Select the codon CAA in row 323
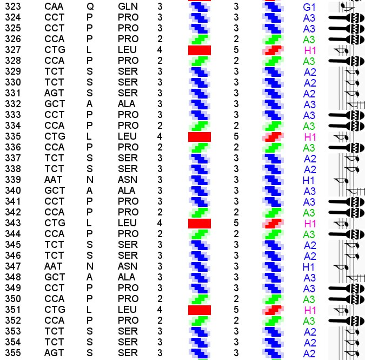[x=54, y=6]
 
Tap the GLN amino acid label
[x=128, y=6]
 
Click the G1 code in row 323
[x=309, y=7]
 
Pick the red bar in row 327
[x=199, y=50]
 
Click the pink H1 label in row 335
[x=310, y=136]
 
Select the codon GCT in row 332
[x=55, y=104]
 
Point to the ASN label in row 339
[x=127, y=180]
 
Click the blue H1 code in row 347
[x=309, y=266]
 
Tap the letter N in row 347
[x=90, y=266]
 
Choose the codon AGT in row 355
[x=54, y=353]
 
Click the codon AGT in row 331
[x=54, y=93]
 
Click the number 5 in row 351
[x=236, y=310]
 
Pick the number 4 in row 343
[x=160, y=223]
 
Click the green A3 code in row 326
[x=309, y=40]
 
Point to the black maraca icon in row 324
[x=346, y=17]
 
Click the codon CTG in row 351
[x=55, y=310]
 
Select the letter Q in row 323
[x=90, y=6]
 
